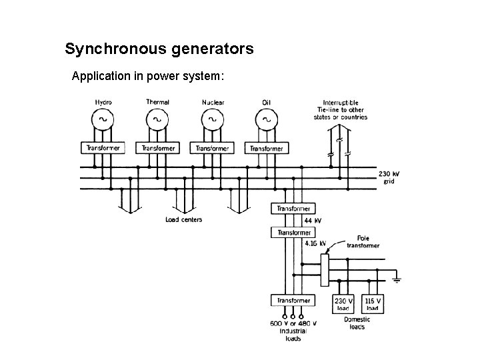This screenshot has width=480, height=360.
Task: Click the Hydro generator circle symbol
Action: (x=91, y=120)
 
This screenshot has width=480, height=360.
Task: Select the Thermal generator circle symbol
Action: (x=146, y=120)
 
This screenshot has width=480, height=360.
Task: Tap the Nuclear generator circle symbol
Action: (x=201, y=120)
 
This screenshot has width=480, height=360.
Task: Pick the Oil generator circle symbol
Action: (x=255, y=120)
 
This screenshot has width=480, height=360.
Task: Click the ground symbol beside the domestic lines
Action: (x=397, y=279)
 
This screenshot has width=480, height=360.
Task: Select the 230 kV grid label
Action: (x=389, y=177)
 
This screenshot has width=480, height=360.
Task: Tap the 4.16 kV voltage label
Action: (x=315, y=243)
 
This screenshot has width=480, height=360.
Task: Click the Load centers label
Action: (x=184, y=219)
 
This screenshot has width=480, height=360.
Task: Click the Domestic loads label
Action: (x=357, y=323)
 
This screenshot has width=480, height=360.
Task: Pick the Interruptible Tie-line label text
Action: (x=341, y=110)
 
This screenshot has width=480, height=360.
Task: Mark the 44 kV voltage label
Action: (x=313, y=221)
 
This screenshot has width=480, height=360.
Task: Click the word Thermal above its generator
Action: (x=157, y=102)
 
